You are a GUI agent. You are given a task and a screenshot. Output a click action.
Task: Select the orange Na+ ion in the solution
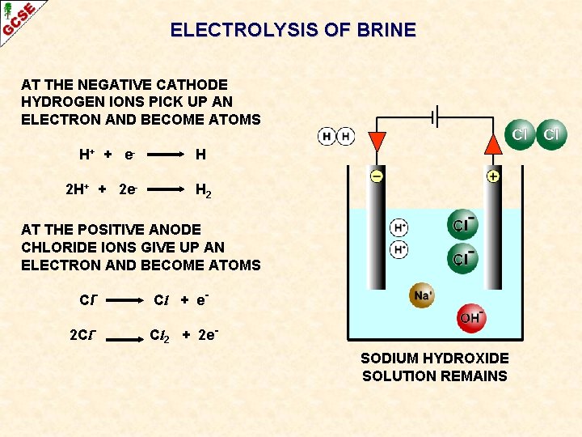coord(422,295)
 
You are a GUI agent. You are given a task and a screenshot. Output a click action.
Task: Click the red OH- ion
coord(471,318)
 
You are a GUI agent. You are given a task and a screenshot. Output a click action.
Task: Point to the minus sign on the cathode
coord(377,176)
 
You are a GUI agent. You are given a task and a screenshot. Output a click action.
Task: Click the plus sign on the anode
coord(492,176)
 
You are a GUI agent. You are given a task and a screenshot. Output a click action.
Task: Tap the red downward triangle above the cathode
coord(377,141)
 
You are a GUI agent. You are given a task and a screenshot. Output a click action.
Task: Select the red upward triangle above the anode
coord(492,143)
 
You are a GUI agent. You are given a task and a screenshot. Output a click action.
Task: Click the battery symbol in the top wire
coord(434,117)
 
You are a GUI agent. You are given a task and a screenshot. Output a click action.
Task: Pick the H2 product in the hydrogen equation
coord(203,191)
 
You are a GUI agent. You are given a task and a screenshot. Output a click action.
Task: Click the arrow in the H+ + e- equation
coord(162,154)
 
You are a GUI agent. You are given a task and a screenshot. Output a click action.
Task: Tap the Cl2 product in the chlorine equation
coord(161,335)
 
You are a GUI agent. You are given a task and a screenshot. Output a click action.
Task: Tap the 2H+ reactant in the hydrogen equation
coord(78,190)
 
